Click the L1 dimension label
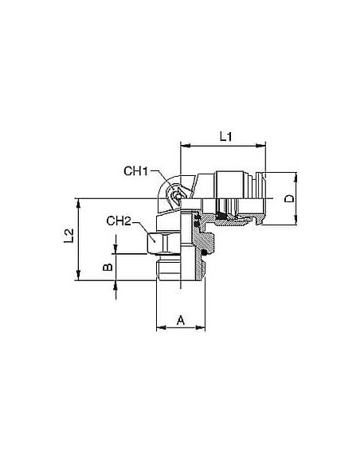point(226,137)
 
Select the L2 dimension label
point(68,236)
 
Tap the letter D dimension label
point(289,198)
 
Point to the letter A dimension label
point(181,320)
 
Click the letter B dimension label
point(108,267)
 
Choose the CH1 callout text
point(135,171)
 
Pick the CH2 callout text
point(119,221)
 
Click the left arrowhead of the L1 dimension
point(185,145)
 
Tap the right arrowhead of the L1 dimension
point(261,145)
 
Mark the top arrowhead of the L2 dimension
point(79,203)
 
